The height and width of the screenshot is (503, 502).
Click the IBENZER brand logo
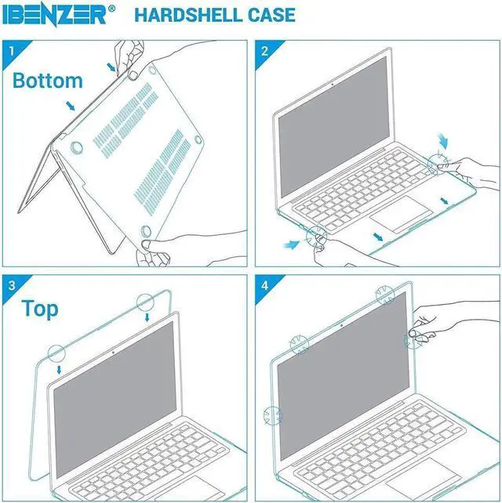(60, 14)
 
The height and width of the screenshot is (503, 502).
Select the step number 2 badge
(264, 52)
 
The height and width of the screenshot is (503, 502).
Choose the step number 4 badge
(264, 283)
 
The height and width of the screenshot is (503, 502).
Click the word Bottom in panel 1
(48, 81)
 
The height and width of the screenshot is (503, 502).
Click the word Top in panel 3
(40, 309)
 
